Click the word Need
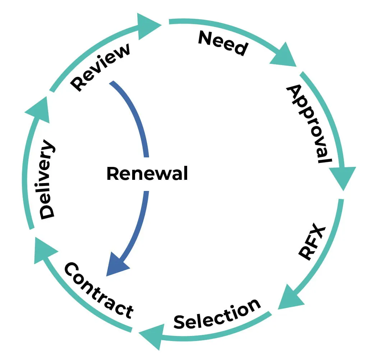point(223,43)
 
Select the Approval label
point(309,124)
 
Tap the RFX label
point(312,243)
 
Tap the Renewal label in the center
point(147,174)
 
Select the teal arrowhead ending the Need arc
point(284,56)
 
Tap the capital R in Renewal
point(113,174)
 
